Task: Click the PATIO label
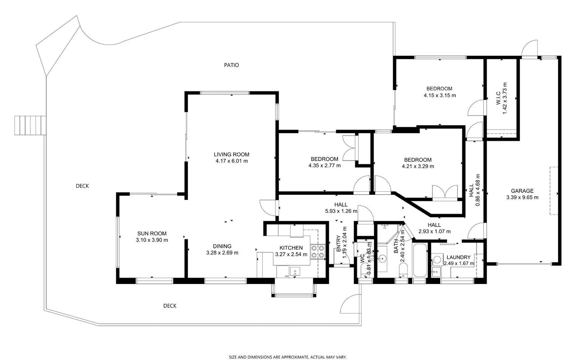click(x=232, y=65)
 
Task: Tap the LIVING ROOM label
click(x=232, y=154)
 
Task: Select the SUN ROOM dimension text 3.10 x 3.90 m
click(x=152, y=240)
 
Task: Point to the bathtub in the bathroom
click(x=420, y=260)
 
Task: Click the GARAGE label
click(x=522, y=191)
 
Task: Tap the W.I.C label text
click(x=498, y=98)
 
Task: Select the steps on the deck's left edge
click(x=30, y=125)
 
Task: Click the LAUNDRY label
click(x=459, y=257)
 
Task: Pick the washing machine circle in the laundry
click(x=436, y=258)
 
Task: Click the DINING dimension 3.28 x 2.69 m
click(x=222, y=253)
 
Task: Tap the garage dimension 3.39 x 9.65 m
click(x=522, y=198)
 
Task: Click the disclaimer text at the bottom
click(x=288, y=357)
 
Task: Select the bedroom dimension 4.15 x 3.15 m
click(x=440, y=95)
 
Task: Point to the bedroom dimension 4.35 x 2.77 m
click(x=325, y=166)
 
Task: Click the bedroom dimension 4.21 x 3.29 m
click(x=418, y=166)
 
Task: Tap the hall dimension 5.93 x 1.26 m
click(x=341, y=211)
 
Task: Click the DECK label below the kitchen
click(x=170, y=306)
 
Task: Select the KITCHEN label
click(x=291, y=248)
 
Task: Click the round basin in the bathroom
click(x=382, y=257)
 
